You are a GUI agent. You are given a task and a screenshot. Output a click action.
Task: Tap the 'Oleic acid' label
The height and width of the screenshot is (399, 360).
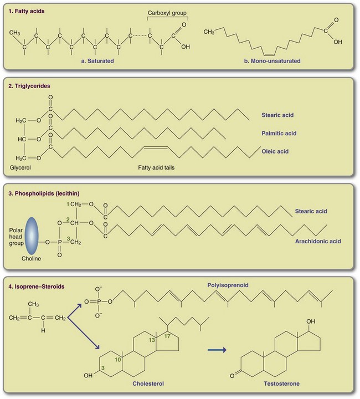(x=275, y=151)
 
